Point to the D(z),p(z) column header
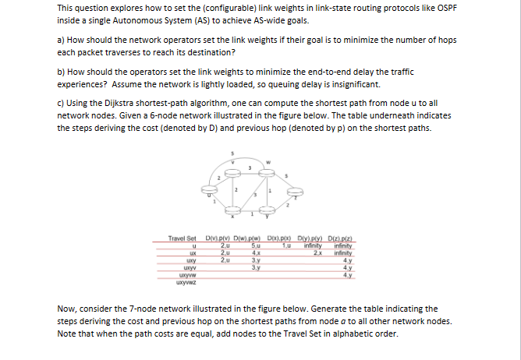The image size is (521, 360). pyautogui.click(x=342, y=235)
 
